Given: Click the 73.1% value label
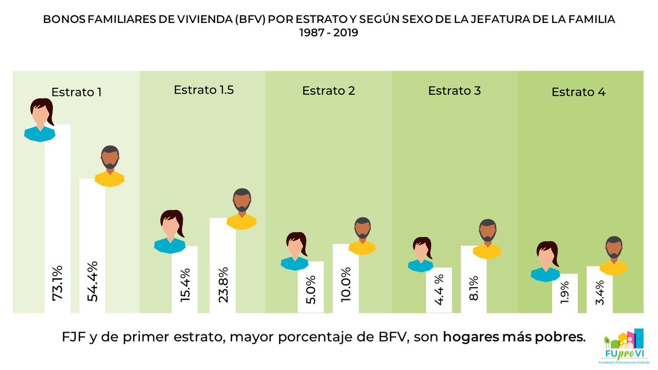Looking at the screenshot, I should pyautogui.click(x=58, y=283).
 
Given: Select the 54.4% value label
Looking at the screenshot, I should pyautogui.click(x=93, y=283).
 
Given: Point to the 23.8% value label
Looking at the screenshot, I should pyautogui.click(x=223, y=283).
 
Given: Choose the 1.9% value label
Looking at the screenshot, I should pyautogui.click(x=565, y=291).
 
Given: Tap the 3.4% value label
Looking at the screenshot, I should pyautogui.click(x=600, y=291).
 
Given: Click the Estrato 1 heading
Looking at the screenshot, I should pyautogui.click(x=77, y=92).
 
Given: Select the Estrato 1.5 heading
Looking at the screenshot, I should pyautogui.click(x=204, y=90).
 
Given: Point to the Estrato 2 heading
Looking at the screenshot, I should pyautogui.click(x=328, y=91).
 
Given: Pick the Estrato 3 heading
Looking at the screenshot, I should pyautogui.click(x=455, y=90).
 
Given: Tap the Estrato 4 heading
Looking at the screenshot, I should pyautogui.click(x=578, y=92).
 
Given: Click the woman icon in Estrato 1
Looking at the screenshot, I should pyautogui.click(x=40, y=120).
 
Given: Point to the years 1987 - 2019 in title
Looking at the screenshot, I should pyautogui.click(x=328, y=33).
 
